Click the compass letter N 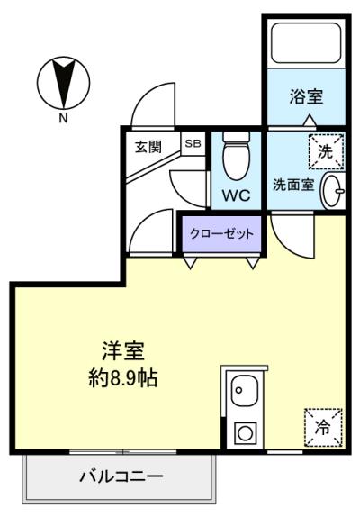click(63, 118)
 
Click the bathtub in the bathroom click(306, 42)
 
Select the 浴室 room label click(306, 96)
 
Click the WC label click(236, 195)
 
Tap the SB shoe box click(193, 143)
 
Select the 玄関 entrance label click(148, 147)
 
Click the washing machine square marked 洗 click(326, 151)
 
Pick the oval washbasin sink click(333, 190)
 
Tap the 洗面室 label click(293, 185)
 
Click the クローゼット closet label click(222, 234)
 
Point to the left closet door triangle click(191, 263)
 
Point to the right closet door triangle click(253, 263)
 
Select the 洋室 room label click(123, 351)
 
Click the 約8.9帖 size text click(123, 378)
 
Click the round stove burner click(246, 433)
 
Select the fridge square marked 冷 click(323, 428)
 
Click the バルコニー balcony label click(121, 476)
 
